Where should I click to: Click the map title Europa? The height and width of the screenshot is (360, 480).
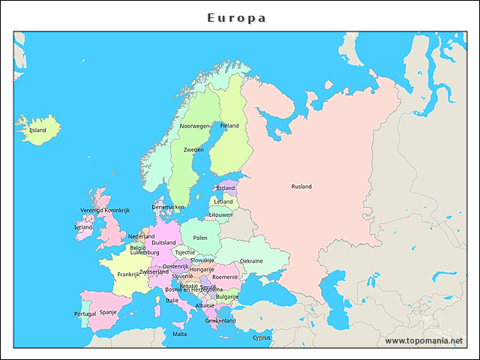pos(237,17)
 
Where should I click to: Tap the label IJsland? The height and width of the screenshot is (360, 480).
pos(37,130)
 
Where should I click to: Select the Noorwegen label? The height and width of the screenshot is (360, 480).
pos(195,126)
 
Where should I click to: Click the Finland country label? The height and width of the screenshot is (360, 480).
pos(229,125)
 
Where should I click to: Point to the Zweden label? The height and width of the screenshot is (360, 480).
pos(193,150)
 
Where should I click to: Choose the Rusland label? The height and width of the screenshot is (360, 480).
pos(301,186)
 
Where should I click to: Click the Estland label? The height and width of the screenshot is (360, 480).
pos(225,188)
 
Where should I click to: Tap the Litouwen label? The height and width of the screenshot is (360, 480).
pos(221,214)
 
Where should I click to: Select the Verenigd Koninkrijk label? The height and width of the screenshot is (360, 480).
pos(105,210)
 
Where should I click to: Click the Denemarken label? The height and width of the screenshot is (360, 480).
pos(168,207)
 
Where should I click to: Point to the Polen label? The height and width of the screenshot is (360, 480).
pos(200,238)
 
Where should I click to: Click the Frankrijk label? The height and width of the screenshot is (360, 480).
pos(128,274)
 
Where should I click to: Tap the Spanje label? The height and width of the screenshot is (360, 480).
pos(108,312)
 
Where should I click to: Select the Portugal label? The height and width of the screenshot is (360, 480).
pos(85,313)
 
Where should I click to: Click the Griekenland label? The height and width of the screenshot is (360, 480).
pos(220,320)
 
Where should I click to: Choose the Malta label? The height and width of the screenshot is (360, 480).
pos(180,334)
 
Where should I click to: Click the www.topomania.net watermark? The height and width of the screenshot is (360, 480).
pos(424,340)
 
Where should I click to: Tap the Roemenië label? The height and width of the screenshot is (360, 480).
pos(225,277)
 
